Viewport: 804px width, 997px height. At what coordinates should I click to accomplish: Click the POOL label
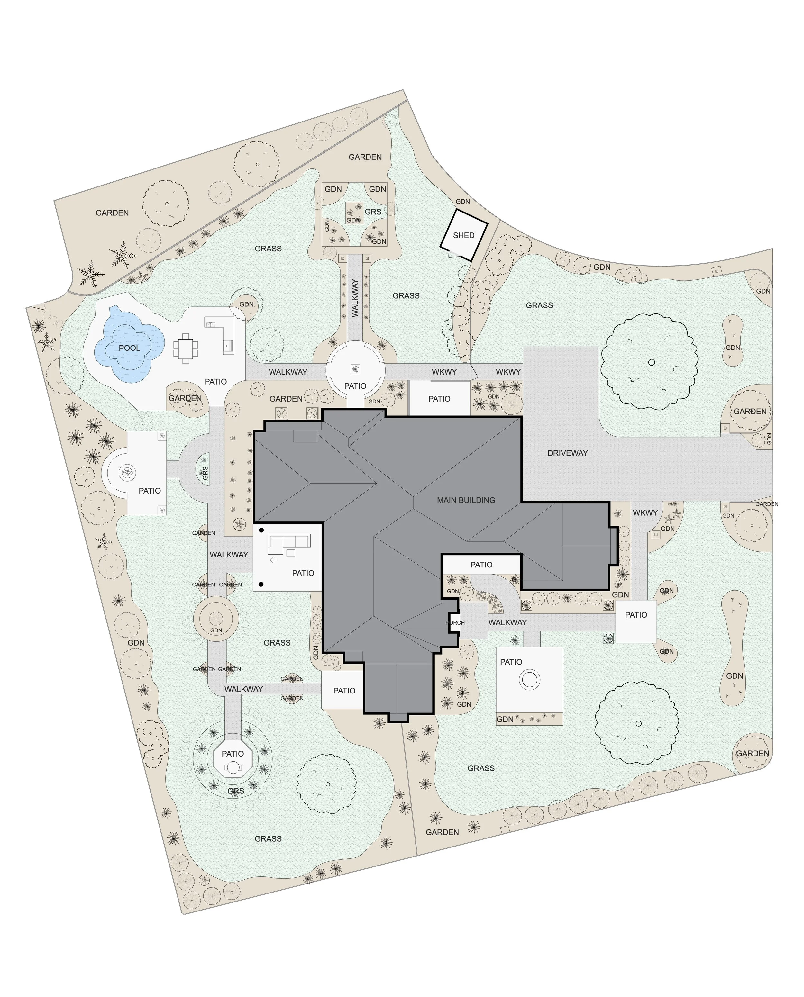(x=129, y=348)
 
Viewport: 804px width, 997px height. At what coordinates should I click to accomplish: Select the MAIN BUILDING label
(x=466, y=500)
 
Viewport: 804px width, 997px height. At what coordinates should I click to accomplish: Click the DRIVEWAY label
(x=567, y=453)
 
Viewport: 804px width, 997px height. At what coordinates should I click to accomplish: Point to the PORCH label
(x=455, y=623)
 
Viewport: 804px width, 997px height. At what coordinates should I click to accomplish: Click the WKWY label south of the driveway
(x=645, y=512)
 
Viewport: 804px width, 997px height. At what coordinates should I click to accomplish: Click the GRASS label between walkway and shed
(x=406, y=295)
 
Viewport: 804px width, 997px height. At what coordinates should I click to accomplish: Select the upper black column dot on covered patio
(x=261, y=530)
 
